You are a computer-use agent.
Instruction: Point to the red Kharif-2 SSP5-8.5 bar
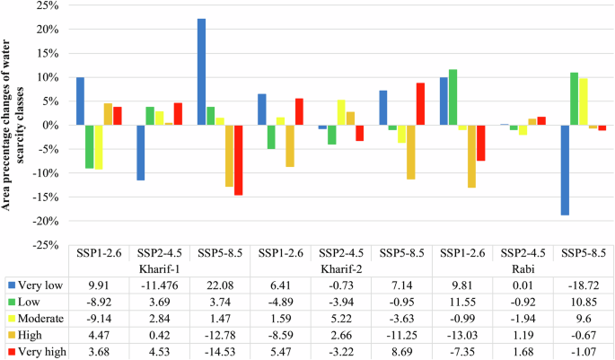pyautogui.click(x=419, y=104)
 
